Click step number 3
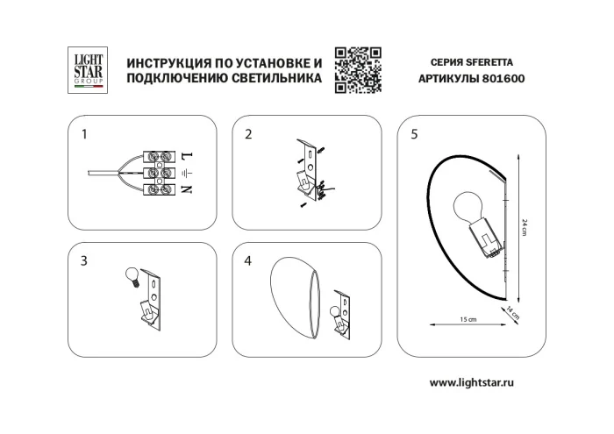click(x=84, y=260)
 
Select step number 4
click(x=248, y=260)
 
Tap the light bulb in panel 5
click(x=466, y=209)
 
